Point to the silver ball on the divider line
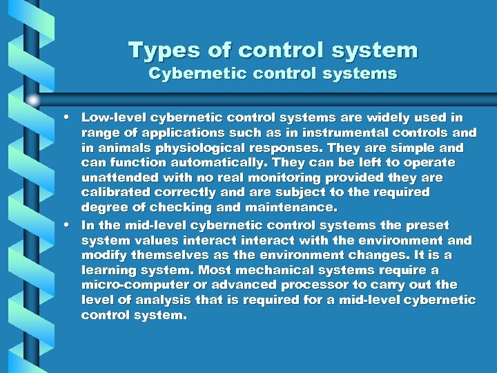(33, 99)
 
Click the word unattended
(117, 178)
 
